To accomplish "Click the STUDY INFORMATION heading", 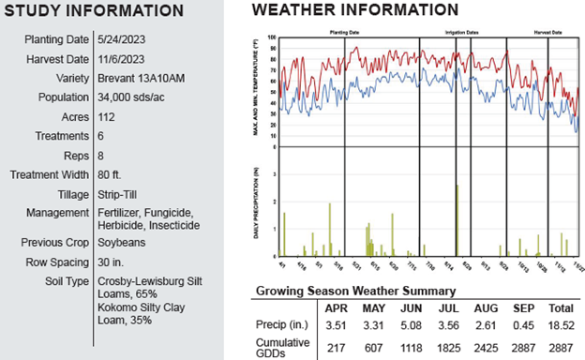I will tap(94, 11).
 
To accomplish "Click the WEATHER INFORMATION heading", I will tap(355, 10).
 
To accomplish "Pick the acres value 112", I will tap(107, 117).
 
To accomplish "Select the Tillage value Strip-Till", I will tap(118, 194).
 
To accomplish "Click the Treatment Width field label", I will tap(49, 175).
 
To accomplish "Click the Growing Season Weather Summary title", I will tap(355, 292).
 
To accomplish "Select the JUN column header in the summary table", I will tap(411, 308).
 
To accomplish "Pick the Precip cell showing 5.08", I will tap(411, 325).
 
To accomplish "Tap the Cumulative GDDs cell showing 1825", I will tap(449, 345).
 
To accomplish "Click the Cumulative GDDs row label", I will tap(282, 345).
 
